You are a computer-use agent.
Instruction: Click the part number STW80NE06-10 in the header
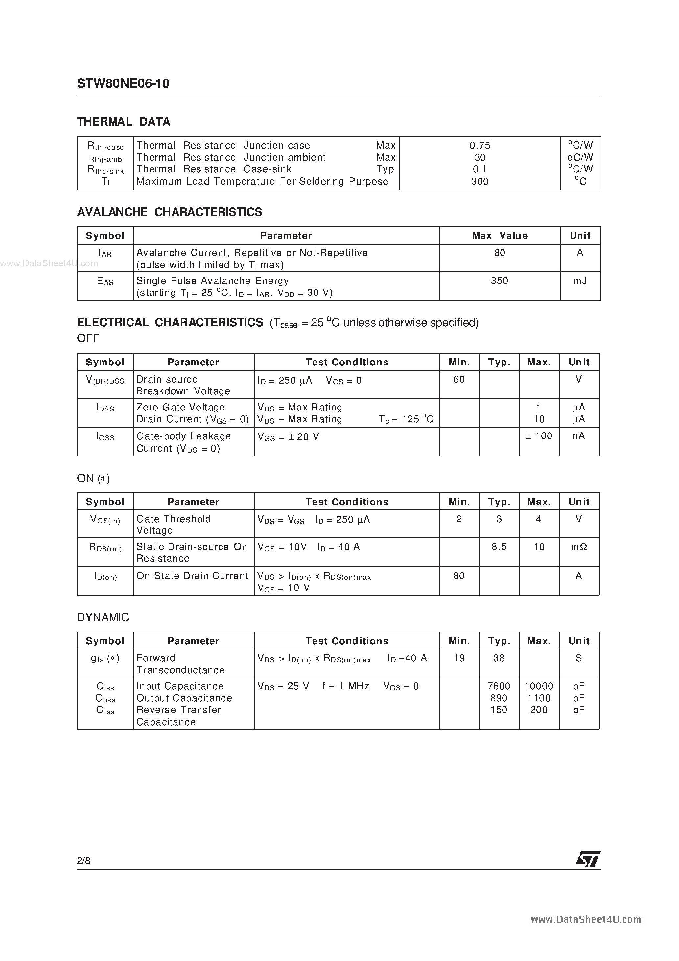click(x=123, y=84)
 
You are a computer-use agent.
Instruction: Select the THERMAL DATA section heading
click(x=124, y=122)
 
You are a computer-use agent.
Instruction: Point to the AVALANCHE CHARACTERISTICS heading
click(x=170, y=212)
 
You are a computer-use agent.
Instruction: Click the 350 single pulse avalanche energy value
click(x=500, y=281)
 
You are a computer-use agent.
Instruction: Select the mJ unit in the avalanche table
click(x=580, y=281)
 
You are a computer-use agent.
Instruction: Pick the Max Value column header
click(x=500, y=236)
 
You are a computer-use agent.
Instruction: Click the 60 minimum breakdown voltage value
click(x=459, y=379)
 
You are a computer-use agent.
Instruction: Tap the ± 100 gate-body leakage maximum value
click(x=539, y=436)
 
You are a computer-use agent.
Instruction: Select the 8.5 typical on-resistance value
click(x=499, y=547)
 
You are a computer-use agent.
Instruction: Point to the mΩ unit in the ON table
click(x=579, y=547)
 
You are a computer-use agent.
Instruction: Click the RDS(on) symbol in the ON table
click(x=105, y=548)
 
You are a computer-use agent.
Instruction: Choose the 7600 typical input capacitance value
click(x=499, y=686)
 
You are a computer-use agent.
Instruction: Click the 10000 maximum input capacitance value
click(x=539, y=686)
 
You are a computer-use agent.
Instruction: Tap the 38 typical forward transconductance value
click(x=499, y=658)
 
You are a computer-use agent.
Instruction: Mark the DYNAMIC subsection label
click(x=103, y=617)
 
